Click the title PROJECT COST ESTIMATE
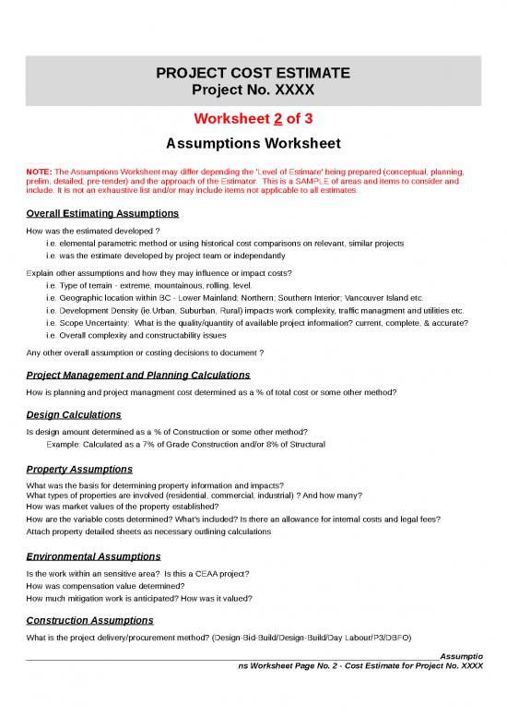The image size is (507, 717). click(253, 72)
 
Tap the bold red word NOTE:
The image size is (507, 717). click(41, 172)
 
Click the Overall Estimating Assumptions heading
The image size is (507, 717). click(102, 213)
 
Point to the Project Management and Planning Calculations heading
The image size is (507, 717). click(138, 376)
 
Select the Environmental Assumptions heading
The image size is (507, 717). click(94, 557)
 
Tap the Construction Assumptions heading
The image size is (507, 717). click(90, 620)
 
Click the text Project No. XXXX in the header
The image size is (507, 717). click(253, 90)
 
